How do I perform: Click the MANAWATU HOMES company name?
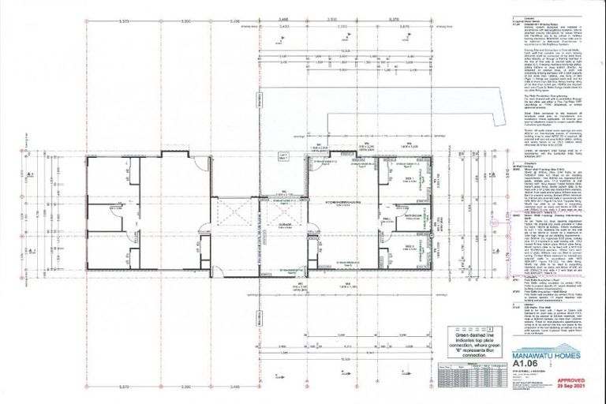(x=544, y=356)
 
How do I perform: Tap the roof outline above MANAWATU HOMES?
(x=544, y=346)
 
